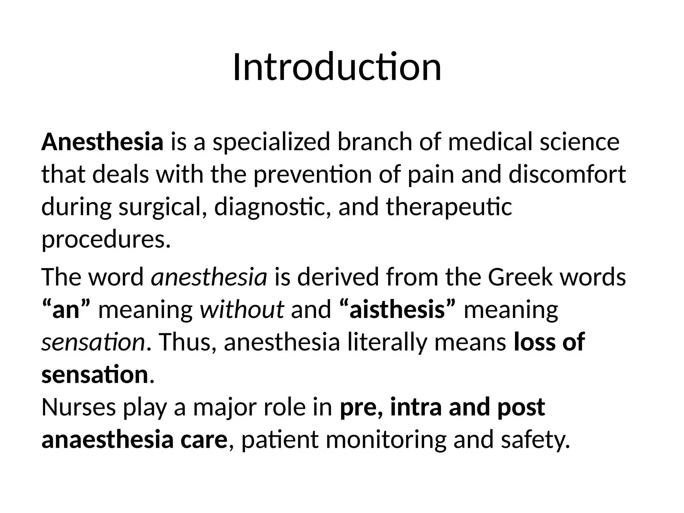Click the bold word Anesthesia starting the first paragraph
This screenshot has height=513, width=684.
pyautogui.click(x=102, y=142)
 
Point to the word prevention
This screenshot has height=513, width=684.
pyautogui.click(x=312, y=175)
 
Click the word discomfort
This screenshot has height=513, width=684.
pyautogui.click(x=567, y=175)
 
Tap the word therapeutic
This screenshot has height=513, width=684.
pyautogui.click(x=449, y=207)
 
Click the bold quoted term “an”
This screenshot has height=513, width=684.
pyautogui.click(x=66, y=310)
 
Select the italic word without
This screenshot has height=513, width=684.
pyautogui.click(x=242, y=310)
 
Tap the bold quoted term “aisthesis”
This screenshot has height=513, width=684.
pyautogui.click(x=397, y=310)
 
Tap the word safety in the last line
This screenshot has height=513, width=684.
pyautogui.click(x=535, y=440)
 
